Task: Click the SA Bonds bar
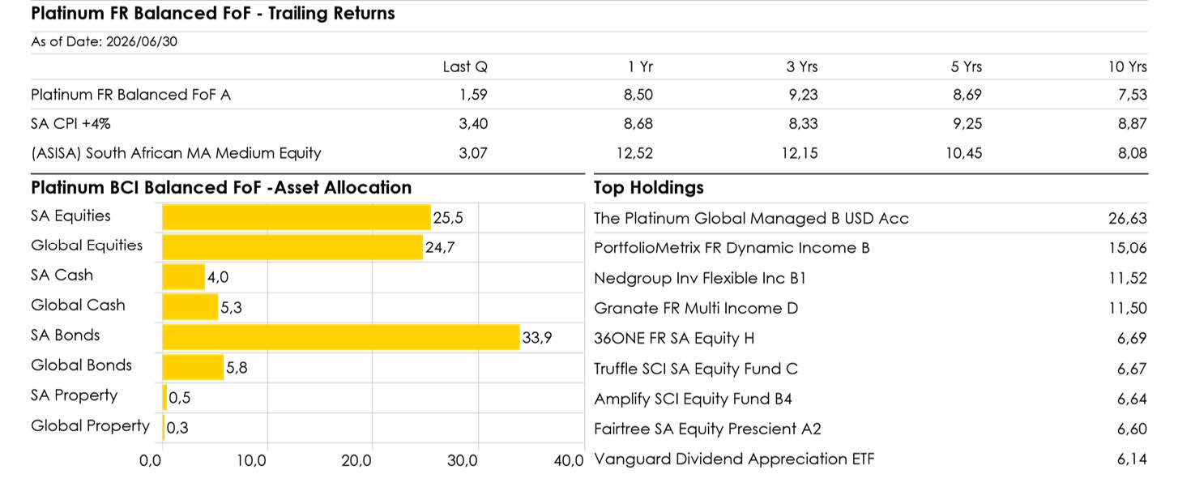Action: (x=341, y=337)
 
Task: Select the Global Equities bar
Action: (x=292, y=247)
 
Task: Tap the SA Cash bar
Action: (x=184, y=276)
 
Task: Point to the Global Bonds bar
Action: (x=193, y=367)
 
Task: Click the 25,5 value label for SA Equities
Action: (x=448, y=218)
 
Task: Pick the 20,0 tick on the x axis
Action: (x=356, y=461)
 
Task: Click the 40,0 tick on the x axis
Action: (x=569, y=461)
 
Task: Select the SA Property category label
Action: (x=75, y=395)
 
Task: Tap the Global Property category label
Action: (x=91, y=426)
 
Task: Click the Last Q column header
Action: (x=465, y=66)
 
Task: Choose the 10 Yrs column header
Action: (x=1128, y=66)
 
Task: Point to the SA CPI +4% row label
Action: (x=70, y=124)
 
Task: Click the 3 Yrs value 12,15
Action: (x=800, y=153)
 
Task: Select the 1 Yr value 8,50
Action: (x=638, y=95)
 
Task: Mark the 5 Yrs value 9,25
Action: (x=967, y=124)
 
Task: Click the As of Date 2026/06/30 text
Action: (x=105, y=41)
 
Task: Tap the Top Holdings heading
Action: (x=648, y=188)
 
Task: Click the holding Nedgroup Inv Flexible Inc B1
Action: (x=700, y=278)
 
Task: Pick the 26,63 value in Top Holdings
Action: (x=1128, y=218)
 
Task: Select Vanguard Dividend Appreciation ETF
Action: (x=734, y=459)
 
